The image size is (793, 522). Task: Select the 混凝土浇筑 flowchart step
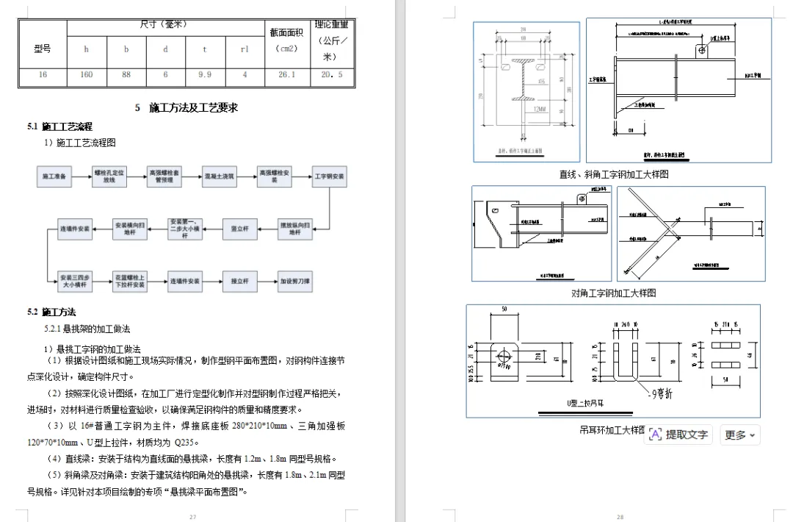(220, 177)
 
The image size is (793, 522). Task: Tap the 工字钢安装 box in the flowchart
(330, 177)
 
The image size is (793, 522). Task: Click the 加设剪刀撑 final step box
(295, 281)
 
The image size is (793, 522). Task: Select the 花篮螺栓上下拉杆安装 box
(130, 281)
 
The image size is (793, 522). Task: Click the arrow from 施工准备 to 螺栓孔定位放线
(82, 177)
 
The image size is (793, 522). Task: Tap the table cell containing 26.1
(287, 74)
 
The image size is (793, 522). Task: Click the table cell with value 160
(87, 74)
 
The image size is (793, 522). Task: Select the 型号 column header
(43, 49)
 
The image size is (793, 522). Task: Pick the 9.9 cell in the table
(206, 74)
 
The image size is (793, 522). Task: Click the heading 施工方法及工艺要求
(187, 108)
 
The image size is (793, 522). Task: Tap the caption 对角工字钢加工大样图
(614, 293)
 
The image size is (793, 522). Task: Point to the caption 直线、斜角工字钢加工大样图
(615, 175)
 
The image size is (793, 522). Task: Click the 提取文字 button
(679, 435)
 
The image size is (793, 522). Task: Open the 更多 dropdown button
(739, 435)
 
